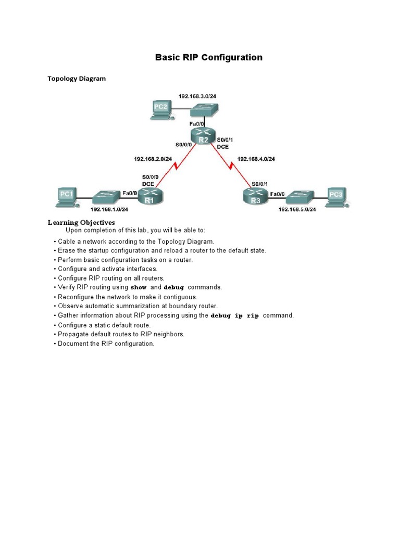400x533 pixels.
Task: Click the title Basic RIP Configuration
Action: (208, 57)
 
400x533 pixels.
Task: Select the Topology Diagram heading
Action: (77, 79)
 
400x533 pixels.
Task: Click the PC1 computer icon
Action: (66, 197)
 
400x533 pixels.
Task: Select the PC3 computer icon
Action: (336, 196)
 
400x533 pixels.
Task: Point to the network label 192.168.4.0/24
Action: (256, 159)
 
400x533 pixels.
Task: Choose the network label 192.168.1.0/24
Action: (109, 209)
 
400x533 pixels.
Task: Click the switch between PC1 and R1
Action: (106, 197)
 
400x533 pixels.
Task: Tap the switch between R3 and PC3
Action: (298, 196)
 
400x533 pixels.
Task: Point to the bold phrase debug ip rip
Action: (234, 316)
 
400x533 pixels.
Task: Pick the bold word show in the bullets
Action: (138, 287)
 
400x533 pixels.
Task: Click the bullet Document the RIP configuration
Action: (106, 344)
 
